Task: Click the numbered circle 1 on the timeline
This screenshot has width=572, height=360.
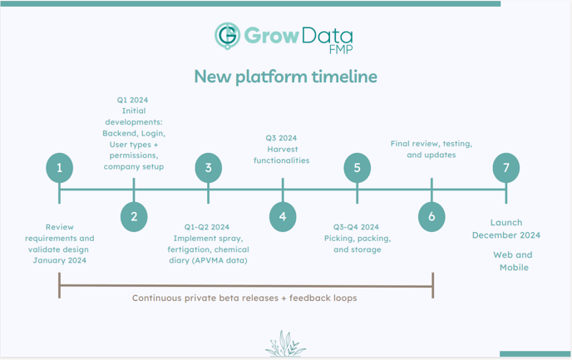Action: click(60, 168)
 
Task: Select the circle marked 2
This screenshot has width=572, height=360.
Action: click(134, 217)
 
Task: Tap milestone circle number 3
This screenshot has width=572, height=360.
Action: click(209, 168)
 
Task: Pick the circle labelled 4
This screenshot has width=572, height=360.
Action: click(283, 217)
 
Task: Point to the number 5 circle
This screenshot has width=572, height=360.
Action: click(357, 168)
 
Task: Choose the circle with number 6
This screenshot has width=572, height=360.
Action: click(431, 217)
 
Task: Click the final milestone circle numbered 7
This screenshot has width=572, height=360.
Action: click(506, 168)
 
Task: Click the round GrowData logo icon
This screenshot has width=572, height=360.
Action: click(227, 36)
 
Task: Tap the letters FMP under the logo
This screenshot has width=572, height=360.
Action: click(341, 49)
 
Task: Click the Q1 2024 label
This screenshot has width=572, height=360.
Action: click(132, 100)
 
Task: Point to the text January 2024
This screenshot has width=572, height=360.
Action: click(60, 260)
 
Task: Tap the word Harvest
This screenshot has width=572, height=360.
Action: click(283, 149)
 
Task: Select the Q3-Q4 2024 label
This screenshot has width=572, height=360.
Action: click(356, 227)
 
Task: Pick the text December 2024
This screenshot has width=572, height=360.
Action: click(506, 235)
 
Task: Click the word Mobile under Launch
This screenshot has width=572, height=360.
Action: click(514, 268)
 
